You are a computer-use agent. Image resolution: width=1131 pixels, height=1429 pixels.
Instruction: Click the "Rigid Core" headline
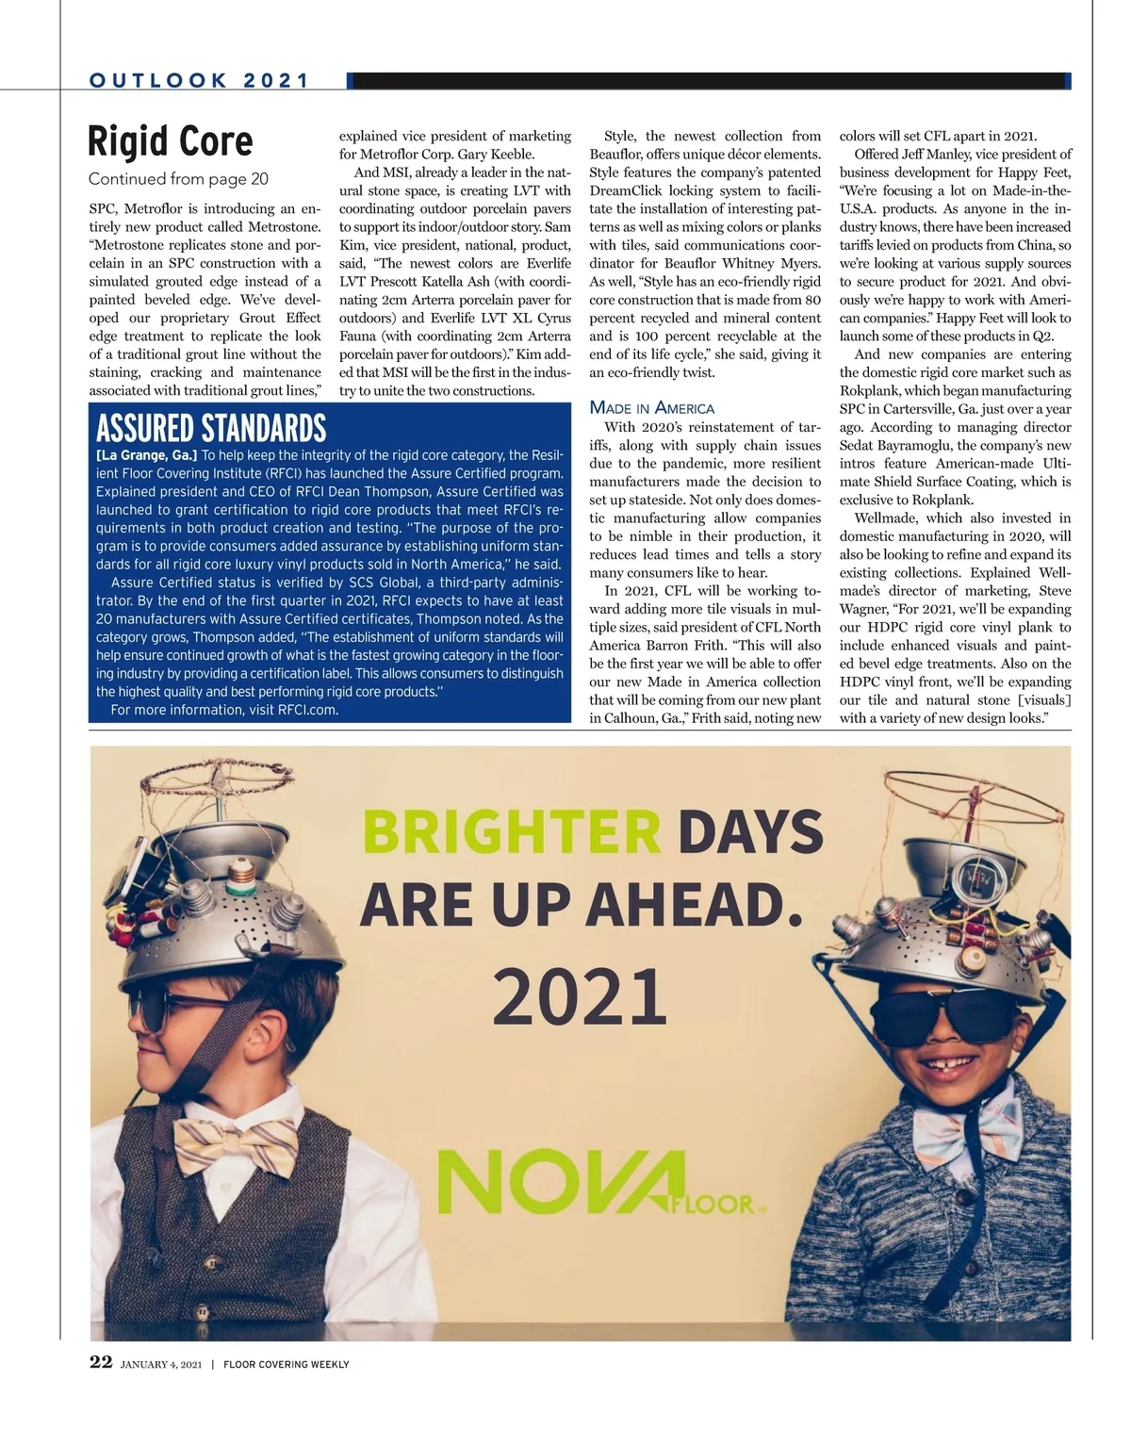click(171, 141)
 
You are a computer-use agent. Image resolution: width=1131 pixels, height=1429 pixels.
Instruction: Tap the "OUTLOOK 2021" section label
click(199, 81)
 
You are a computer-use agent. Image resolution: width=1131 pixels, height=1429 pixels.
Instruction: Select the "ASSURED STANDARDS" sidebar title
click(211, 429)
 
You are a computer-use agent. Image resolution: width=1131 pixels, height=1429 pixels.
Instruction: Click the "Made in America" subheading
click(652, 408)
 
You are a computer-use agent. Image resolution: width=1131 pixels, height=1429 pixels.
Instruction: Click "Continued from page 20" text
click(178, 179)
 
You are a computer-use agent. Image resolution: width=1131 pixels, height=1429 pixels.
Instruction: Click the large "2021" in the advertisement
click(580, 997)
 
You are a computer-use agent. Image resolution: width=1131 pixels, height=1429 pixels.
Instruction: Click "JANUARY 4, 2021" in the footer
click(161, 1364)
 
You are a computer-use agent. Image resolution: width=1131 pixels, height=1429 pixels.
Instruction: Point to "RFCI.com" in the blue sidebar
click(307, 710)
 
